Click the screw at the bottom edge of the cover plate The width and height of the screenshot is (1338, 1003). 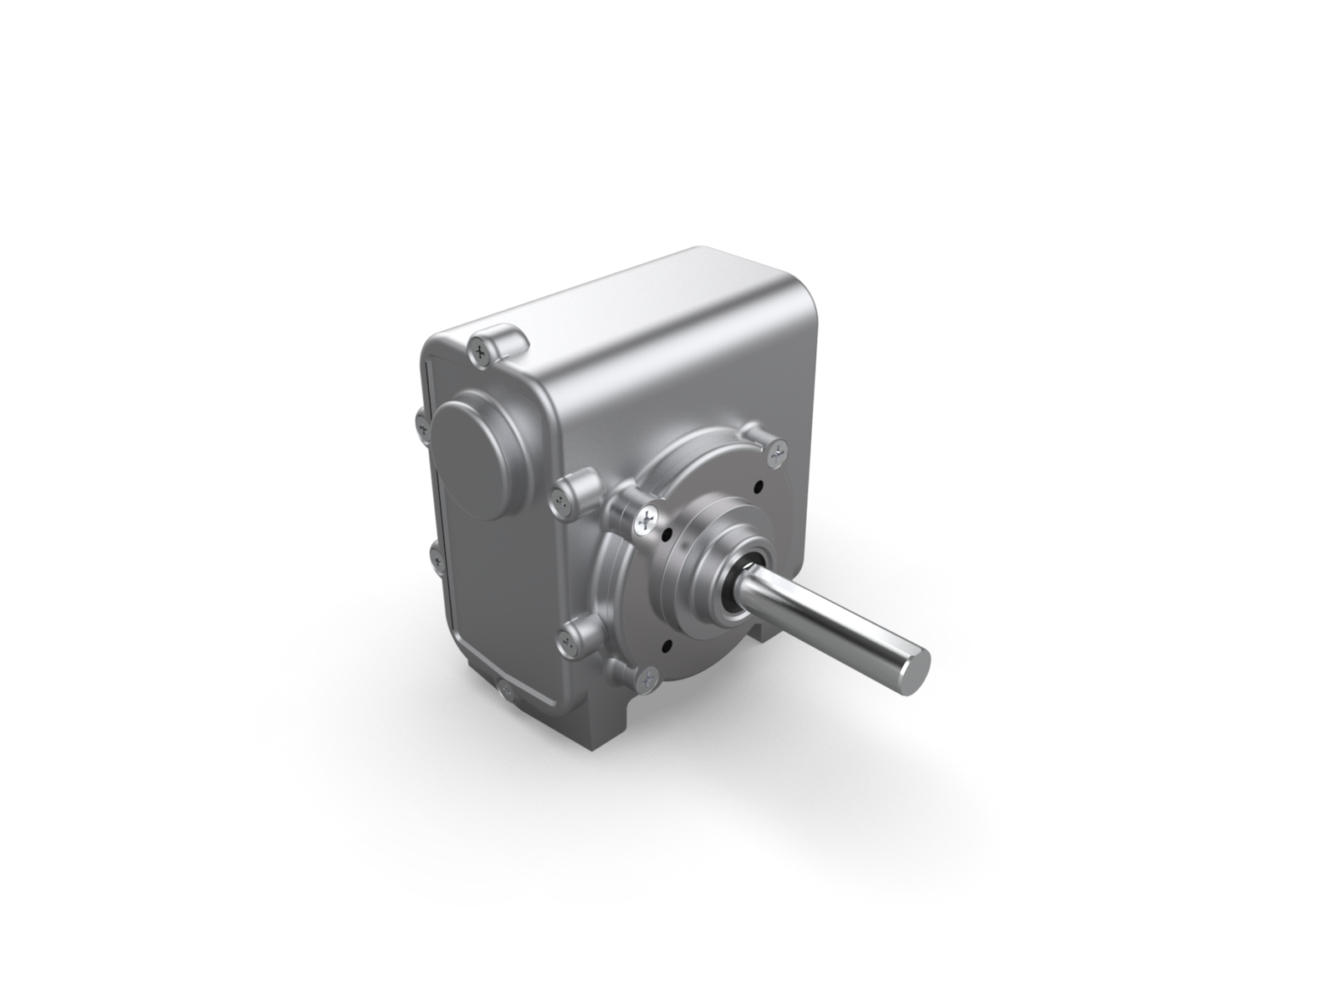[505, 689]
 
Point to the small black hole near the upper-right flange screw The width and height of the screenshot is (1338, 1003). [757, 486]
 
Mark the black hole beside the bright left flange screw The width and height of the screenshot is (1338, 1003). [666, 532]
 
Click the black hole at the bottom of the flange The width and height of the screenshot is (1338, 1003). [665, 644]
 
